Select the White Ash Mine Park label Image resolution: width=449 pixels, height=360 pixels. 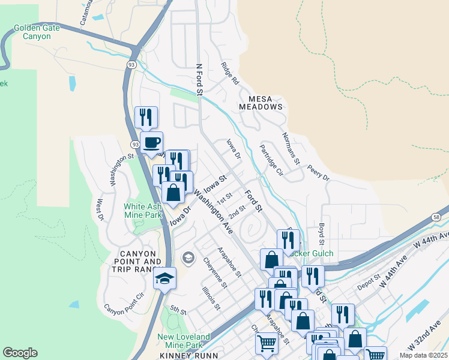click(143, 211)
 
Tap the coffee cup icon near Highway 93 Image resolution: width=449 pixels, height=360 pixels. click(151, 143)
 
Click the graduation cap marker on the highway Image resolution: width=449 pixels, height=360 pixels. click(164, 278)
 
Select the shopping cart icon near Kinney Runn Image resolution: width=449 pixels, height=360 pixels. click(267, 344)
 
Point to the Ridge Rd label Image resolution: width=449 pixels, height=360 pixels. click(230, 73)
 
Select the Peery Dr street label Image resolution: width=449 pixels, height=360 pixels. click(318, 174)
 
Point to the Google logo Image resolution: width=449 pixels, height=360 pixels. click(20, 353)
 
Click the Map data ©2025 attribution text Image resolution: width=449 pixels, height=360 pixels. click(424, 355)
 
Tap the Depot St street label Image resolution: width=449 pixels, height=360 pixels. click(369, 281)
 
